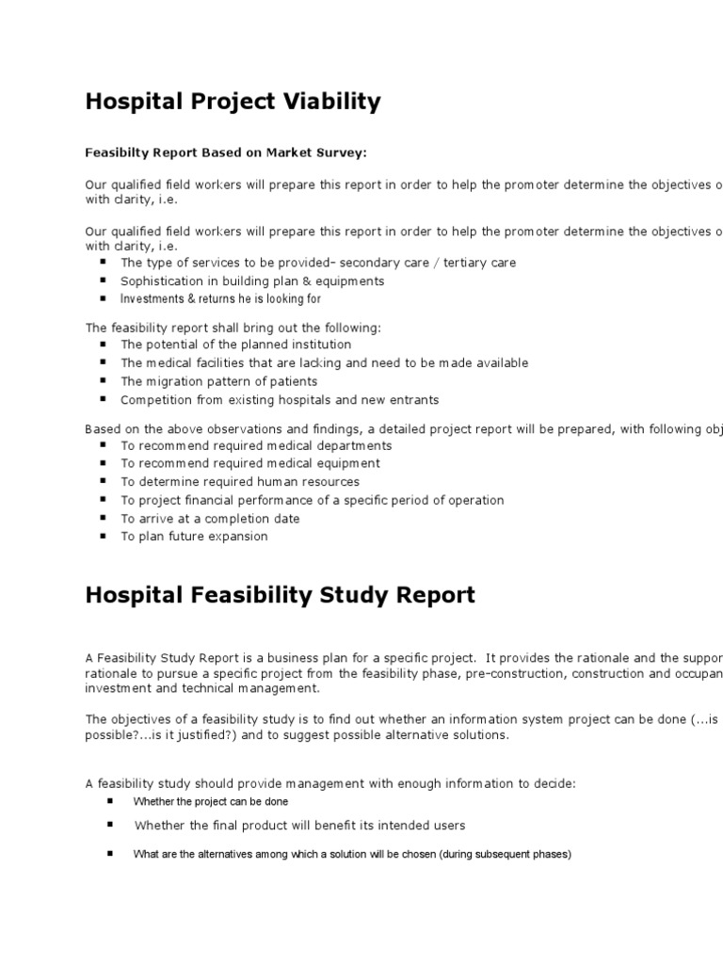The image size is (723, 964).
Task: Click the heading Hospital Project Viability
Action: pyautogui.click(x=233, y=103)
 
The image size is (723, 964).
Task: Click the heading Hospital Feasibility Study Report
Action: pyautogui.click(x=280, y=596)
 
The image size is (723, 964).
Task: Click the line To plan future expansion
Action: pyautogui.click(x=194, y=537)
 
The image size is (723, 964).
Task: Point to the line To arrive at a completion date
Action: pyautogui.click(x=210, y=519)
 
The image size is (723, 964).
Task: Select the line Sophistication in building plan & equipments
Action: pyautogui.click(x=252, y=281)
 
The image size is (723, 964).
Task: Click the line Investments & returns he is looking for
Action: pyautogui.click(x=220, y=299)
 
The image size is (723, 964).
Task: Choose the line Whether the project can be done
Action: pyautogui.click(x=211, y=802)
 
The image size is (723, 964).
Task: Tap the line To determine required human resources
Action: pyautogui.click(x=240, y=482)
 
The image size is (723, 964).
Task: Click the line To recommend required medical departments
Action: pyautogui.click(x=256, y=445)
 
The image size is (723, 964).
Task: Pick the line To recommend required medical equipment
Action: pyautogui.click(x=250, y=463)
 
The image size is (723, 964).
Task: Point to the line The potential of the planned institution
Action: pyautogui.click(x=235, y=345)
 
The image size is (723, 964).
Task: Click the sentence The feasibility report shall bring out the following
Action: pyautogui.click(x=233, y=328)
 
